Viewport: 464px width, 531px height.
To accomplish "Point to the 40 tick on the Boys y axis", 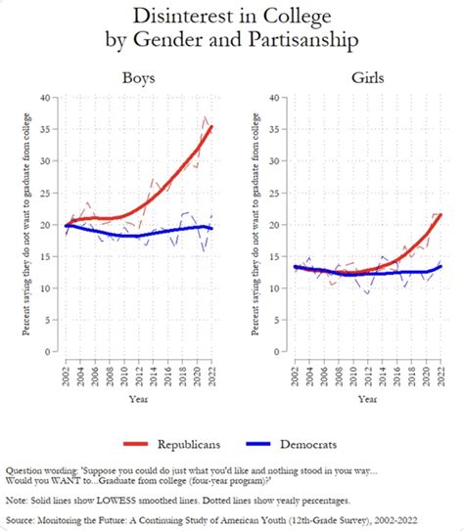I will click(x=56, y=97).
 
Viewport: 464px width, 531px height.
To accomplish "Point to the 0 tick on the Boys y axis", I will click(x=58, y=352).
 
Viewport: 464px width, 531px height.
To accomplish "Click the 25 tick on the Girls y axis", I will click(x=286, y=193).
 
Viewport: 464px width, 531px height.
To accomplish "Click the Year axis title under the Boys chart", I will click(x=140, y=399).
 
